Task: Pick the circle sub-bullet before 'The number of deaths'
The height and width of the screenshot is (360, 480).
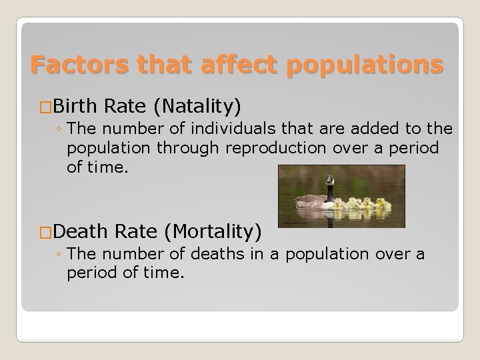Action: click(59, 255)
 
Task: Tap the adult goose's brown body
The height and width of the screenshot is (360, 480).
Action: click(313, 200)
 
